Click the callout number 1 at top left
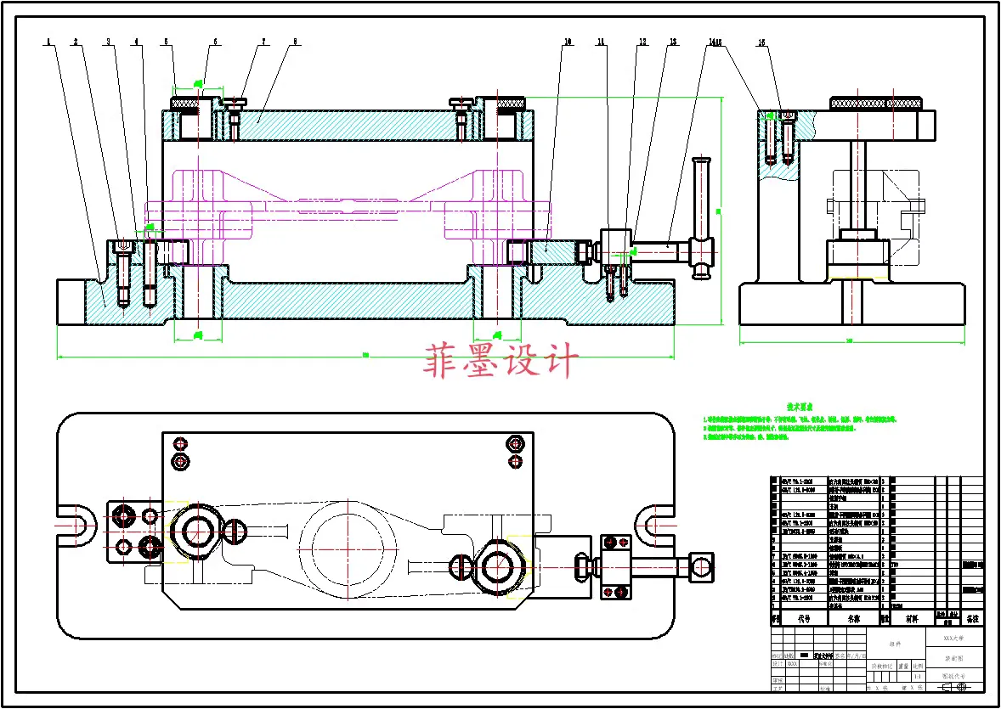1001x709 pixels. [x=50, y=41]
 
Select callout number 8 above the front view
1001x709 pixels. [x=295, y=41]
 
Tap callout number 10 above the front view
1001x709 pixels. [x=568, y=41]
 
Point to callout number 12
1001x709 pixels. [x=643, y=41]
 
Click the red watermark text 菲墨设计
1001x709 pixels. [x=501, y=362]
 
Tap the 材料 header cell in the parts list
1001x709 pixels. [x=912, y=618]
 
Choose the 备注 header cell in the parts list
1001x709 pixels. [x=972, y=618]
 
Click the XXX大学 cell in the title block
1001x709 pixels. [x=958, y=635]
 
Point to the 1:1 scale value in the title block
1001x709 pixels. [x=917, y=676]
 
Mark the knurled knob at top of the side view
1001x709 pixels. [x=875, y=103]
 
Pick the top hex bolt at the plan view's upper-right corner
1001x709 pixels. [x=513, y=442]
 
